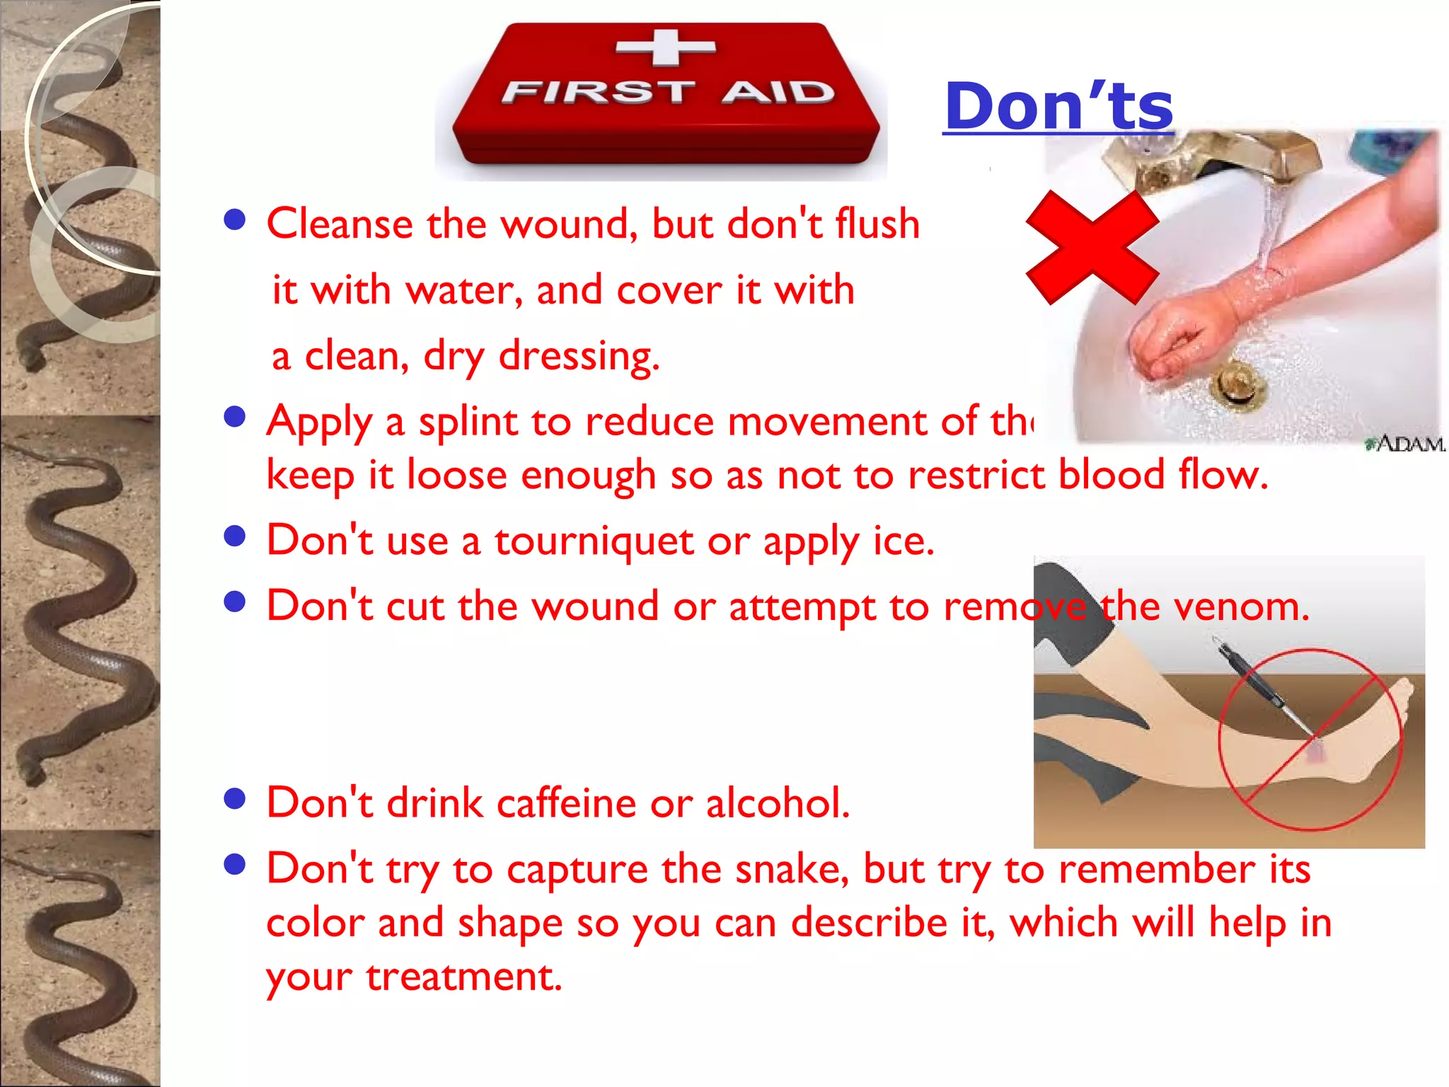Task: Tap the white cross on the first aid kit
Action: pos(666,47)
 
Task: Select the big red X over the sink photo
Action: pos(1092,247)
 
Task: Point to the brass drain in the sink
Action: pos(1238,382)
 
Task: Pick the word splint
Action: pos(468,422)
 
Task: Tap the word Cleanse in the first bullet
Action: pos(340,224)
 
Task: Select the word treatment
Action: pos(463,977)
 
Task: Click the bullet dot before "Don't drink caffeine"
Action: pos(234,799)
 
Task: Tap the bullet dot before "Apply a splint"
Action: pos(234,417)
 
